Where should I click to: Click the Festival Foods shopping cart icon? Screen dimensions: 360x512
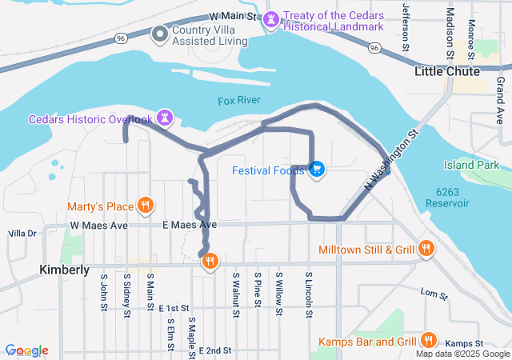[x=317, y=169]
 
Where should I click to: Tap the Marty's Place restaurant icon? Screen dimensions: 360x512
[x=145, y=205]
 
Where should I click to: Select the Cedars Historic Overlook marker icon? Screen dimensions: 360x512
[x=166, y=118]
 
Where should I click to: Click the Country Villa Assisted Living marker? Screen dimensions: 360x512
[x=160, y=33]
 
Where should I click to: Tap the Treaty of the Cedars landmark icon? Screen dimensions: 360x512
[x=272, y=18]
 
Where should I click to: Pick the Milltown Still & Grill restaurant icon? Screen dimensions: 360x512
[x=426, y=249]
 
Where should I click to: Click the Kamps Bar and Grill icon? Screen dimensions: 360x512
[x=429, y=340]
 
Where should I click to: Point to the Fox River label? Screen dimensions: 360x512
[x=238, y=101]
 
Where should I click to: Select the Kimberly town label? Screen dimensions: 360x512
[x=64, y=270]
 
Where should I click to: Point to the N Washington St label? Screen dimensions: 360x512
[x=392, y=160]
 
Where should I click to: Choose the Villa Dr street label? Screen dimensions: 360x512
[x=22, y=234]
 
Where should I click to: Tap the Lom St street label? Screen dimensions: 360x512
[x=430, y=294]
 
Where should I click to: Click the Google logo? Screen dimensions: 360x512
[x=26, y=350]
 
